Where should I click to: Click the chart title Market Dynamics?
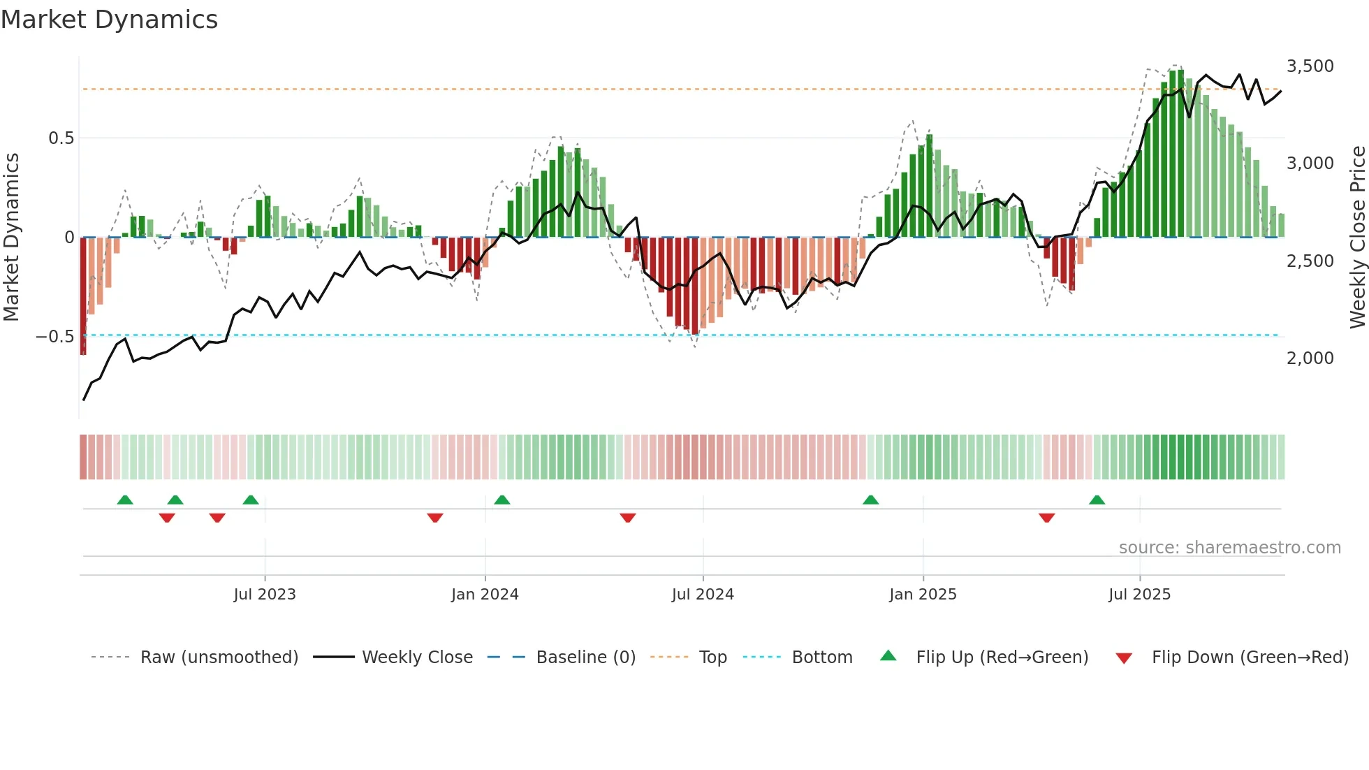tap(109, 20)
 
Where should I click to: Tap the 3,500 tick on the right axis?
tap(1310, 66)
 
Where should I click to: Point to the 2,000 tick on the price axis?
tap(1310, 358)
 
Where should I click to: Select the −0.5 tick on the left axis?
tap(55, 337)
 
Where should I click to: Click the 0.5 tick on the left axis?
tap(61, 138)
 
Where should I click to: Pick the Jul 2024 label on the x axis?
tap(703, 595)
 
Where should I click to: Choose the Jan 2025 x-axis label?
tap(923, 595)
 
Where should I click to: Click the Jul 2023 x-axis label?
tap(265, 595)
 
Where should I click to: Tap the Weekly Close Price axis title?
tap(1357, 238)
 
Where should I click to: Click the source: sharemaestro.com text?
tap(1229, 548)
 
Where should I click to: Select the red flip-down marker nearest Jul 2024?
tap(628, 518)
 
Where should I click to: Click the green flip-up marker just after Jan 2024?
tap(502, 500)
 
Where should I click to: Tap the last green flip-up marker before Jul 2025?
tap(1097, 500)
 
